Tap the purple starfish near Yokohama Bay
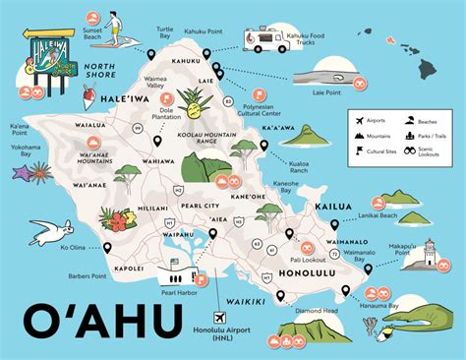point(22,174)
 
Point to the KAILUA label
point(336,208)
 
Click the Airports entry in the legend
point(371,116)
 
